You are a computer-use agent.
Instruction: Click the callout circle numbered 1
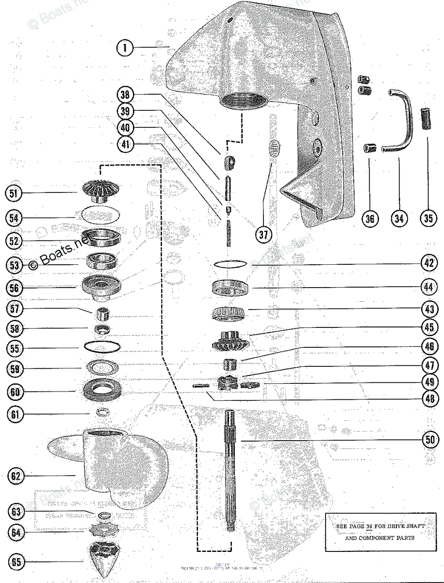pyautogui.click(x=125, y=48)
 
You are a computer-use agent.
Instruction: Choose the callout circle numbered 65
pyautogui.click(x=17, y=562)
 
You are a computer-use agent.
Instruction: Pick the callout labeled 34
pyautogui.click(x=398, y=219)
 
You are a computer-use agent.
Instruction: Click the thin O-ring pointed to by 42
pyautogui.click(x=230, y=264)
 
